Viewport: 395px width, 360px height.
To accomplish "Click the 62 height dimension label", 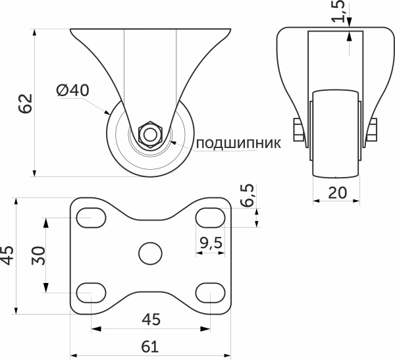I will pos(24,104).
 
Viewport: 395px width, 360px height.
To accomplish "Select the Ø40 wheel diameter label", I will pos(72,91).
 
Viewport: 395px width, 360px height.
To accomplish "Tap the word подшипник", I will pos(238,142).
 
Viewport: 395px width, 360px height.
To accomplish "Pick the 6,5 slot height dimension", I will pos(248,195).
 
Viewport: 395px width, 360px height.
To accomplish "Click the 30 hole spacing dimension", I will pos(39,255).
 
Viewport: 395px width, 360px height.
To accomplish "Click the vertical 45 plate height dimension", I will pos(7,255).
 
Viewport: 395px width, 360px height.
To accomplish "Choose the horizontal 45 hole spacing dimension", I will pos(151,319).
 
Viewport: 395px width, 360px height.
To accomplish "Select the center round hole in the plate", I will pos(151,253).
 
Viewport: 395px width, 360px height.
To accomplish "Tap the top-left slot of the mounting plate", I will pos(92,217).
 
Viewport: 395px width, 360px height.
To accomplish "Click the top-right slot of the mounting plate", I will pos(209,217).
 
